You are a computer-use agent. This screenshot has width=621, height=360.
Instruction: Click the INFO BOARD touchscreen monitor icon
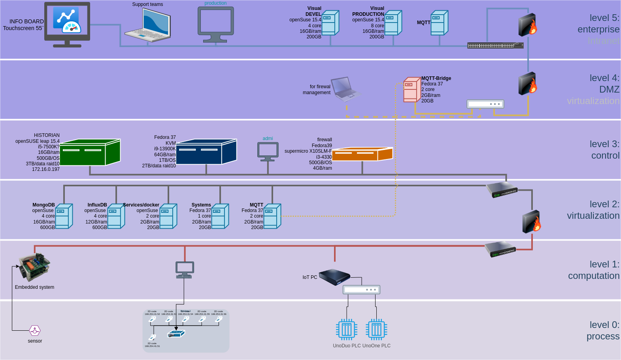[67, 24]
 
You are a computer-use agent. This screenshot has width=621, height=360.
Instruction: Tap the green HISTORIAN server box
[90, 152]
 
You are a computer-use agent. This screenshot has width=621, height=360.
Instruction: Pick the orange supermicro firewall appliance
[362, 154]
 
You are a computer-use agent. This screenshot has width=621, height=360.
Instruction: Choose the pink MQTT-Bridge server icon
[411, 89]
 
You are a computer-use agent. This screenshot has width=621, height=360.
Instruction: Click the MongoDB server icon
[64, 216]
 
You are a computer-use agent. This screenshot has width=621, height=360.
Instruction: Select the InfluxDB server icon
[116, 216]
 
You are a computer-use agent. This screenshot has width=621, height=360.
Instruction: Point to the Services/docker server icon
[168, 216]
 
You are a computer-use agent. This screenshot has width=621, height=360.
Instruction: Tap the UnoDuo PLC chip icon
[347, 329]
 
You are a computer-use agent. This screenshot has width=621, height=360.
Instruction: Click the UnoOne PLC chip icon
[376, 329]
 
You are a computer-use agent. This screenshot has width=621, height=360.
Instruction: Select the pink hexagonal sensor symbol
[35, 330]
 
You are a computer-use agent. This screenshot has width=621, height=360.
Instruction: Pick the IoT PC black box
[334, 277]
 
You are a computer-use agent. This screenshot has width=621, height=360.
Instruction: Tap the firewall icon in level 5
[528, 25]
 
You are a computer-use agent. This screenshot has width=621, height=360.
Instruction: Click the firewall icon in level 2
[532, 222]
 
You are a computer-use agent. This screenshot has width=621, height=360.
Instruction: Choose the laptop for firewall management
[345, 89]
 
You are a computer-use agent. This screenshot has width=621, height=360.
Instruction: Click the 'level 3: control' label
[604, 150]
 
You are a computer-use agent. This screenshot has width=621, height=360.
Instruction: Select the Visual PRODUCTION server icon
[393, 23]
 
